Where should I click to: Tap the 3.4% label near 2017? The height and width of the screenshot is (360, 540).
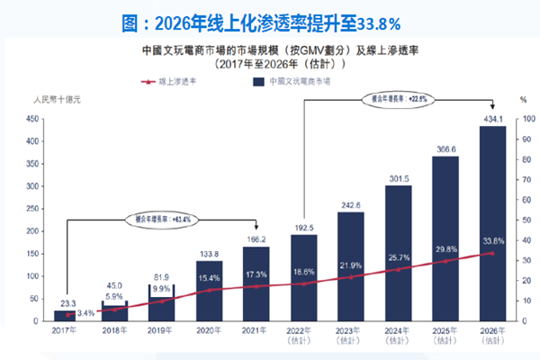tap(85, 312)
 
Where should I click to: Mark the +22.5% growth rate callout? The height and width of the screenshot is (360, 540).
tap(393, 97)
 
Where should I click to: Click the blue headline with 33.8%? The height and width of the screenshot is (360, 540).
tap(270, 20)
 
